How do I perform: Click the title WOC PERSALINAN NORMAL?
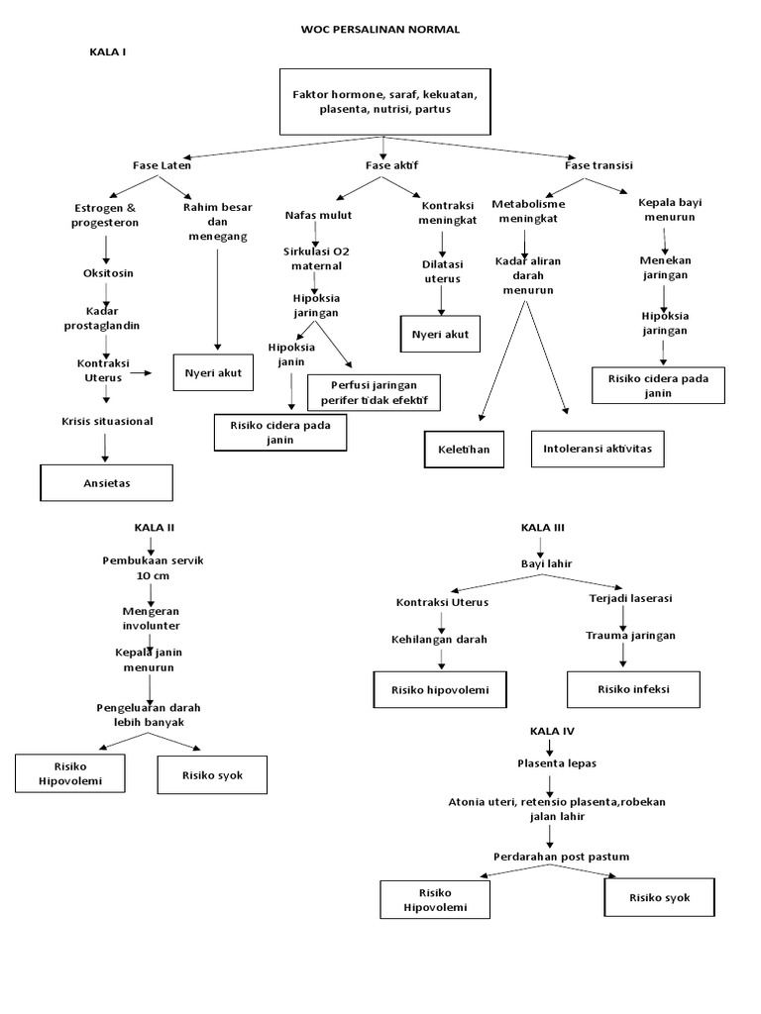tap(380, 30)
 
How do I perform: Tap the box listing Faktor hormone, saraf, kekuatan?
tap(384, 101)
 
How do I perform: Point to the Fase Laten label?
tap(162, 164)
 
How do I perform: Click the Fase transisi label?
tap(598, 164)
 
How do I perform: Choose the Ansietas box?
tap(106, 483)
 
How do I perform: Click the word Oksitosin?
tap(106, 272)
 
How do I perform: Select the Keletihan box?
tap(464, 449)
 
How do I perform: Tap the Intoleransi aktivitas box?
tap(598, 449)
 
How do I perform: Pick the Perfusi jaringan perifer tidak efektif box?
tap(374, 392)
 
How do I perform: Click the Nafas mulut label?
tap(318, 215)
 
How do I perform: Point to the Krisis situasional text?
tap(106, 421)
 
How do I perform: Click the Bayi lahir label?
tap(547, 563)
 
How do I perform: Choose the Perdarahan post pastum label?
tap(547, 856)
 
